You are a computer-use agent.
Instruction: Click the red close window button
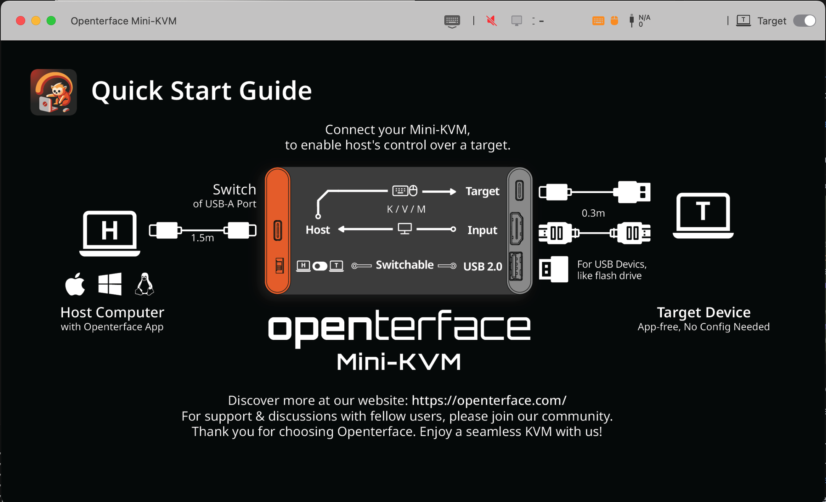21,21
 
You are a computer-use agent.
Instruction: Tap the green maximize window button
51,21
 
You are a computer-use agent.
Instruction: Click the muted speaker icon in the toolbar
492,21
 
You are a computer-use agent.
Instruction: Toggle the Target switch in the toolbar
804,21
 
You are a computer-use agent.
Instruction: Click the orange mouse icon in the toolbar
614,21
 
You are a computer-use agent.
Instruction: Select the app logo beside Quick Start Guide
53,92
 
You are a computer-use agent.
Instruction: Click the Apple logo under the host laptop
75,284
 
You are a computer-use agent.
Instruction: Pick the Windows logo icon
110,284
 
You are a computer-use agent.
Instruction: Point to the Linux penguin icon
144,284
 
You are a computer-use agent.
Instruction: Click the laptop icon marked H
110,233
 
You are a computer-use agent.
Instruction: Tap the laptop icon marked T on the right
703,215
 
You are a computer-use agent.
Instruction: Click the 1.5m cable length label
202,238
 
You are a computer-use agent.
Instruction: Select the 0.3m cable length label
593,213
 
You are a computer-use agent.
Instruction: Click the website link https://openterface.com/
489,401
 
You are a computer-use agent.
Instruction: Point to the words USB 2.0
482,266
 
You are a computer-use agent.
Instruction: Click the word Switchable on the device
405,265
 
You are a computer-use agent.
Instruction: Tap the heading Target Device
703,312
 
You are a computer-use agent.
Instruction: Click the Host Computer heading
112,312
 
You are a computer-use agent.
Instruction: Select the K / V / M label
406,209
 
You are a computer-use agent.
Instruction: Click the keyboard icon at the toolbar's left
452,21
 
